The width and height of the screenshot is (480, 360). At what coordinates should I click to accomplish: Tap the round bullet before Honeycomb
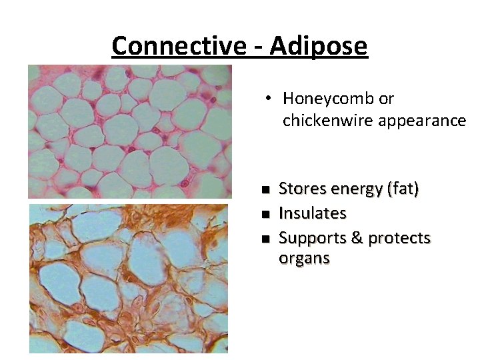click(266, 98)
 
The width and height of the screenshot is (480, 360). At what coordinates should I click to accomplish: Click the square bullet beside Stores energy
click(265, 190)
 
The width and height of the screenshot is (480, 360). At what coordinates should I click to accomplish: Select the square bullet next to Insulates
click(265, 214)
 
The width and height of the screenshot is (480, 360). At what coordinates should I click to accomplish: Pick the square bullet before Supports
click(265, 239)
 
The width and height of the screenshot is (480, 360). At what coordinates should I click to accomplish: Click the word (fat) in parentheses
click(403, 190)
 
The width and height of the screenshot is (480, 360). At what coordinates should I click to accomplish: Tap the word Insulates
click(312, 213)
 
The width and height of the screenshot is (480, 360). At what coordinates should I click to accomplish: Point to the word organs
click(303, 259)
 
